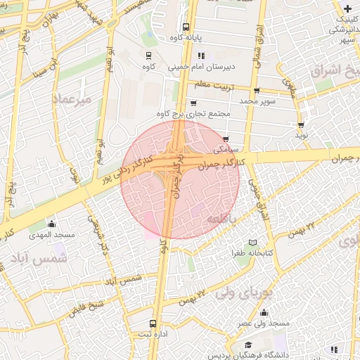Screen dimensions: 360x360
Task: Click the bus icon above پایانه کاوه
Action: pos(186,27)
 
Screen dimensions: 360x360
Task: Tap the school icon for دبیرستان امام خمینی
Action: pos(202,56)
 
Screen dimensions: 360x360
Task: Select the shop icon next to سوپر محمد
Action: pos(257,91)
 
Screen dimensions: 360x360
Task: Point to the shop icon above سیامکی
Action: pos(225,139)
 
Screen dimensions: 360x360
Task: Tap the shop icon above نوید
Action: pos(301,124)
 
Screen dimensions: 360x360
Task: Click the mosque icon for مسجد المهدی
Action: pos(51,224)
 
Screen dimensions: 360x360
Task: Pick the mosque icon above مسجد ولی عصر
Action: pos(264,313)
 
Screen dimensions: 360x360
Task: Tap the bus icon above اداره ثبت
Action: pos(153,324)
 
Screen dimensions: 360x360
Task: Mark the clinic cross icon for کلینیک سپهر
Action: pos(347,8)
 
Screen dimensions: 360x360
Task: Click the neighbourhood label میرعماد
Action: pos(72,99)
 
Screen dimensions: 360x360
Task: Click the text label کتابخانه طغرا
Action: pos(254,252)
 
